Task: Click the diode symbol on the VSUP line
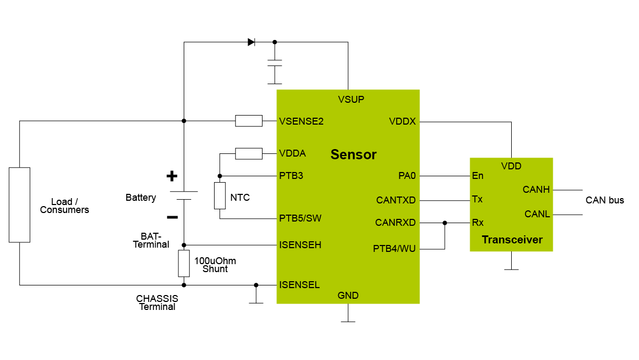click(x=251, y=42)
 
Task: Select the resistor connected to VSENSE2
click(x=249, y=121)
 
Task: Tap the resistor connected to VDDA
click(x=249, y=153)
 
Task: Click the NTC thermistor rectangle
click(x=220, y=195)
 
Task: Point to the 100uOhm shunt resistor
click(x=184, y=263)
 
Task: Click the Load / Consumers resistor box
click(x=20, y=204)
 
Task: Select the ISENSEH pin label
click(x=300, y=245)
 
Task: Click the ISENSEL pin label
click(x=299, y=285)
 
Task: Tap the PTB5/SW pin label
click(x=300, y=218)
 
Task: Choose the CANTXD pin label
click(x=396, y=201)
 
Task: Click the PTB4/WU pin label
click(x=394, y=248)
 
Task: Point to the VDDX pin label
click(x=403, y=121)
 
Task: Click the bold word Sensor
click(x=353, y=155)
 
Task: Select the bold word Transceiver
click(x=512, y=240)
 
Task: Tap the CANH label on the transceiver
click(x=536, y=190)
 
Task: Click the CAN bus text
click(x=604, y=201)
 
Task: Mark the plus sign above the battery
click(x=171, y=176)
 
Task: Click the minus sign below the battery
click(x=172, y=217)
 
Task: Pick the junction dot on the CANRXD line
click(x=445, y=223)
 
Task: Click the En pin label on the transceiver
click(x=477, y=175)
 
